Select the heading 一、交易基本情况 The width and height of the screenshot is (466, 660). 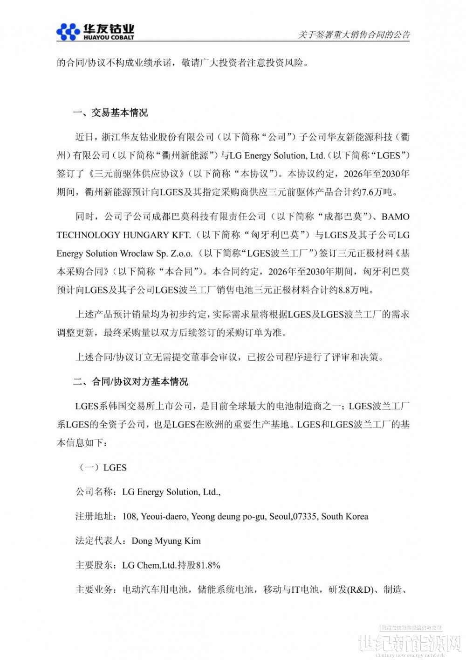tap(110, 113)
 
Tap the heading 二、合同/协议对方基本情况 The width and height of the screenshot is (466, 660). tap(130, 382)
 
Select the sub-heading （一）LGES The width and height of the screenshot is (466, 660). tap(103, 468)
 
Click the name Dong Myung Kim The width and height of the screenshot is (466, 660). tap(166, 541)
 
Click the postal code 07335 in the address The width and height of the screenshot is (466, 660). tap(305, 517)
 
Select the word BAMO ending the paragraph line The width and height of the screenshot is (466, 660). tap(396, 217)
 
